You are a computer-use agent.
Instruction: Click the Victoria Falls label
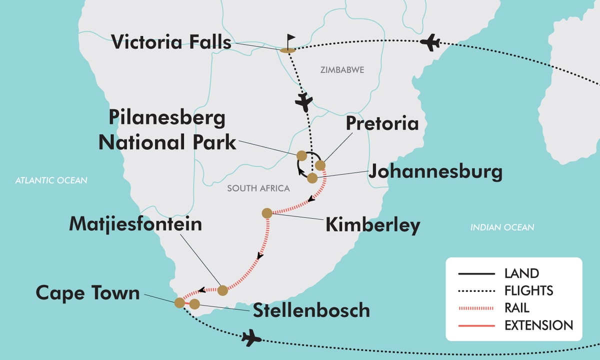171,42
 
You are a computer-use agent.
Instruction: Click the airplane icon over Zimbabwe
303,102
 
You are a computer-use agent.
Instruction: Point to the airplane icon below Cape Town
251,338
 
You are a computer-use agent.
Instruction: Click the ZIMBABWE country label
342,70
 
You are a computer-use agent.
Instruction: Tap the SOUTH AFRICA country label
258,188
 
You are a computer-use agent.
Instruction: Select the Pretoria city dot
320,165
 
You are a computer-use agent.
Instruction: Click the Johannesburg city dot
312,177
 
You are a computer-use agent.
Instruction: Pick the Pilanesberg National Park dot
301,155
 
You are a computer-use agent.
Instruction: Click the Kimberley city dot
267,213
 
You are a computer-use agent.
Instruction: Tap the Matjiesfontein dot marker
222,289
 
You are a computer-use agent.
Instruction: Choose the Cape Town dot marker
179,302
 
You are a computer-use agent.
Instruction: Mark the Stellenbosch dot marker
194,303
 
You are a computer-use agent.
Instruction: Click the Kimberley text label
372,225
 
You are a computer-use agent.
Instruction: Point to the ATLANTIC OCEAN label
51,180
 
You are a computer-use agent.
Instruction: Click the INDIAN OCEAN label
502,227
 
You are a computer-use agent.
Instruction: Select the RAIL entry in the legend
516,307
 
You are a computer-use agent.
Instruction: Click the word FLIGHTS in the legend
528,290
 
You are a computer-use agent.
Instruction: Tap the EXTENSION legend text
538,325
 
